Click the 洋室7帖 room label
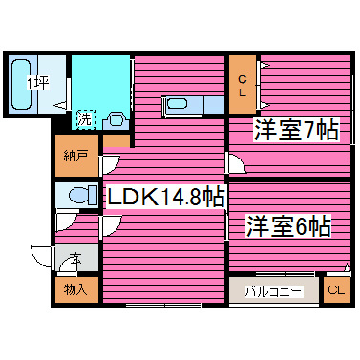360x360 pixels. click(x=295, y=131)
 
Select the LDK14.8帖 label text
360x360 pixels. click(x=164, y=198)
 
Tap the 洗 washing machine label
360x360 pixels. click(x=85, y=119)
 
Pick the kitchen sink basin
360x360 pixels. click(x=179, y=103)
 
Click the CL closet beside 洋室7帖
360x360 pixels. click(x=242, y=86)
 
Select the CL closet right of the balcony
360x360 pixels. click(x=335, y=290)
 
